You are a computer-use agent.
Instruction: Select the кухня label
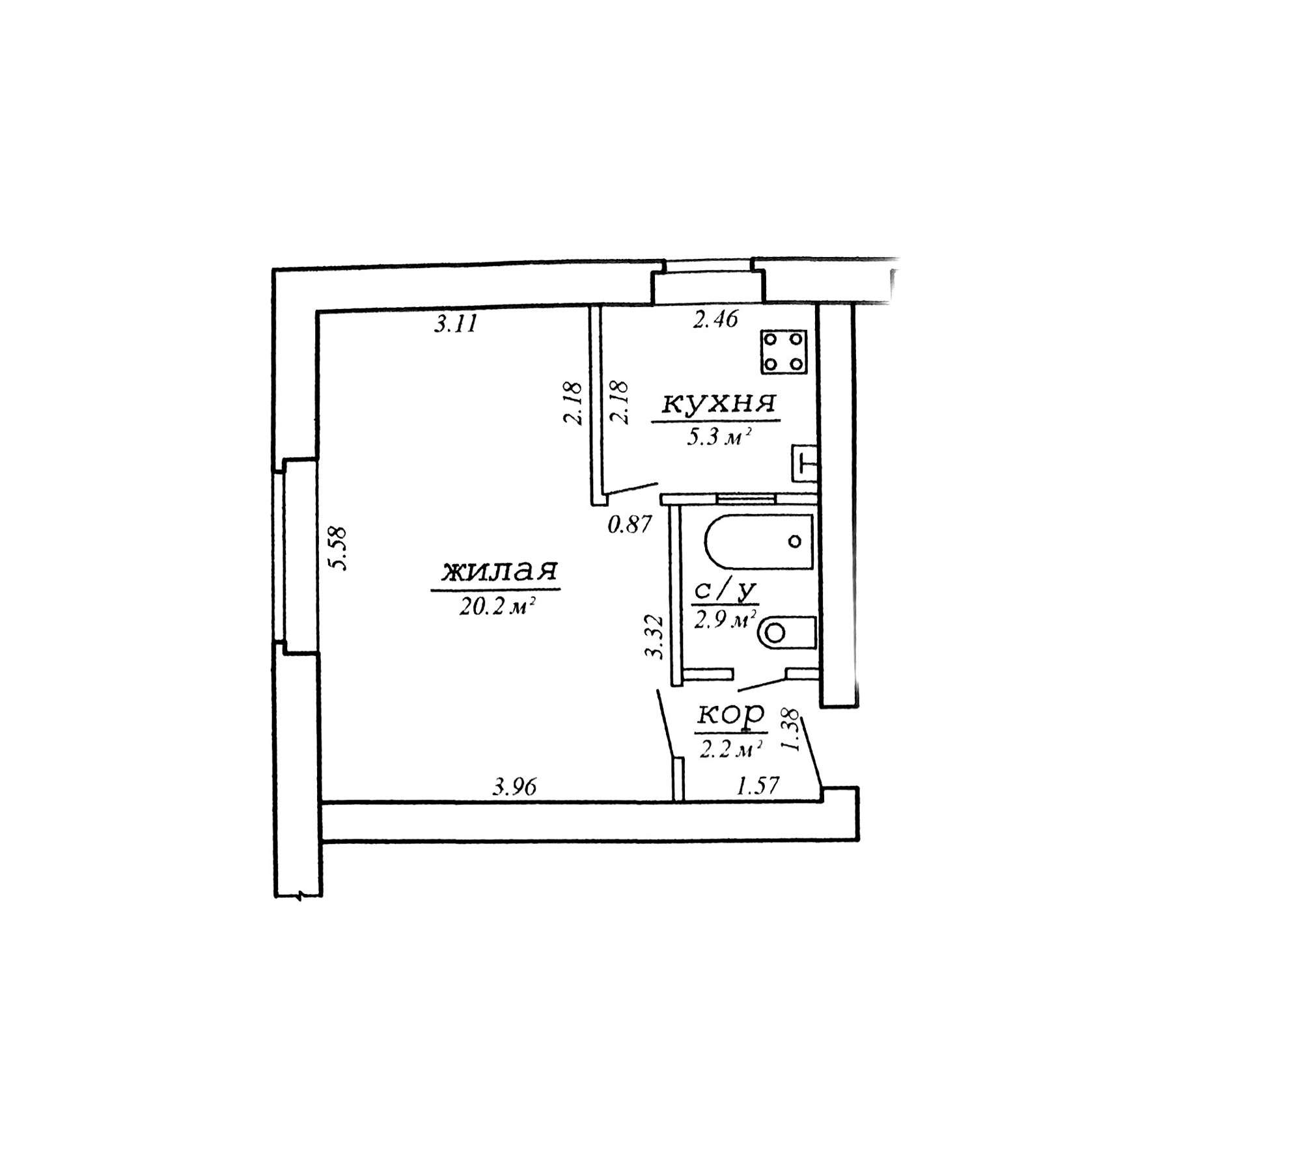coord(719,404)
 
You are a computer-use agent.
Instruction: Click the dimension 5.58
coord(340,548)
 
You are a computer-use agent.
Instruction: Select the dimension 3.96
coord(514,787)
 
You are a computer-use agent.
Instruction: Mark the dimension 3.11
coord(456,323)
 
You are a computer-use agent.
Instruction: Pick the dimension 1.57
coord(757,786)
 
